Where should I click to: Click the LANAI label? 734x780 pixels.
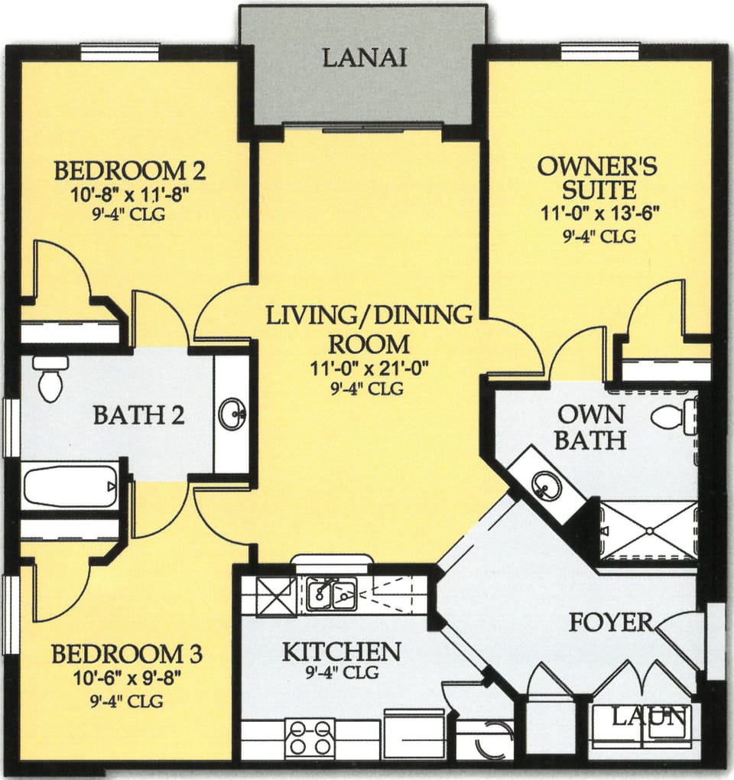363,57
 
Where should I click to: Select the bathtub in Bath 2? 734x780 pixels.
69,486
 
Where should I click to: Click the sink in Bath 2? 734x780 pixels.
231,414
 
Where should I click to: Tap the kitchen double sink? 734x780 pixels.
332,593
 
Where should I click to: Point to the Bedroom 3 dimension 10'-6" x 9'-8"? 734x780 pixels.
126,678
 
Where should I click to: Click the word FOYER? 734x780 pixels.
609,622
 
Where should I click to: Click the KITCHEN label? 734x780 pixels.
341,652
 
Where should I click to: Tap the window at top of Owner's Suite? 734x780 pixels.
600,51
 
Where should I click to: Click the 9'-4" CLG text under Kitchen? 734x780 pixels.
340,674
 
